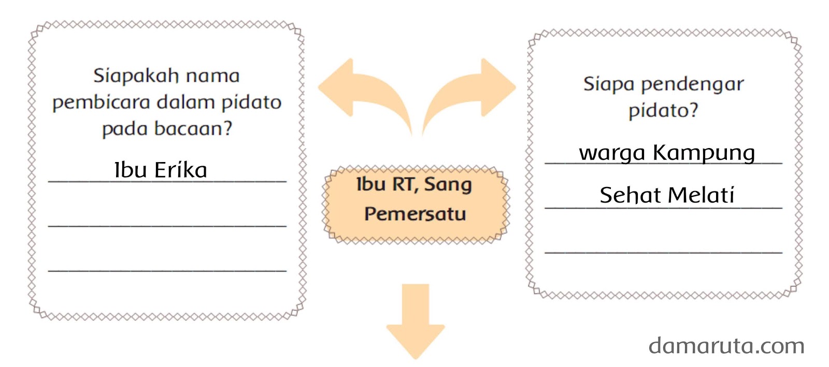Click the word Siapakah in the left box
[x=136, y=76]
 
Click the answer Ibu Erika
[x=161, y=170]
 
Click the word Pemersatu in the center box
[x=415, y=214]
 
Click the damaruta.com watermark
[x=726, y=346]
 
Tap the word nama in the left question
[x=212, y=76]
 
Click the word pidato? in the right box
[x=663, y=110]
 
